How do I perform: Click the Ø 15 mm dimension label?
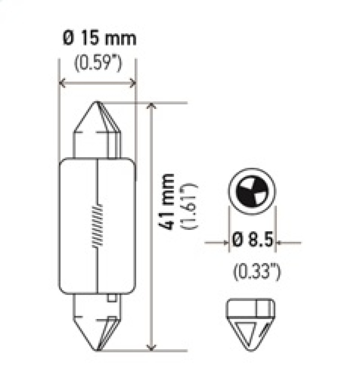(99, 40)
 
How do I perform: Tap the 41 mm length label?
(169, 201)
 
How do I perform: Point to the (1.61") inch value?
(188, 206)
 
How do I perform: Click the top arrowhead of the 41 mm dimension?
(152, 106)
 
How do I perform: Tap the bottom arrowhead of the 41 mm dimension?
(152, 346)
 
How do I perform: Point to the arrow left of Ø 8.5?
(225, 243)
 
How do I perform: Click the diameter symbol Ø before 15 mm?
(67, 40)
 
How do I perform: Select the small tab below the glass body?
(111, 297)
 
